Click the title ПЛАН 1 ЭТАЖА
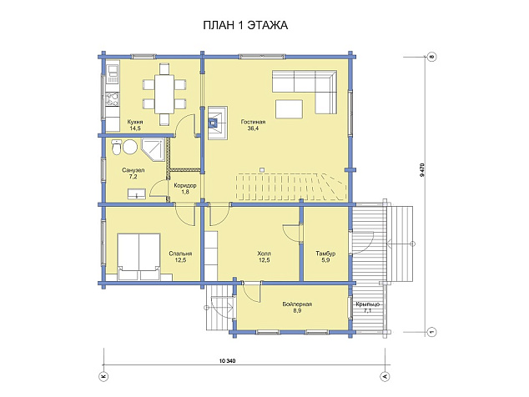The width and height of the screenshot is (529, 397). click(x=245, y=25)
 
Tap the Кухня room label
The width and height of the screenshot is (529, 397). click(x=135, y=122)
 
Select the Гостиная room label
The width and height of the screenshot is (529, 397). click(x=253, y=122)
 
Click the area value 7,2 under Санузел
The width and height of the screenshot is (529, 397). click(x=133, y=177)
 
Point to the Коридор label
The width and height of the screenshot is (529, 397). click(x=185, y=185)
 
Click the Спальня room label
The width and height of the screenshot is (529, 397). click(x=180, y=254)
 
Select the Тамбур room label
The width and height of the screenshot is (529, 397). click(x=325, y=254)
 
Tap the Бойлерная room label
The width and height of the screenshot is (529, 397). click(x=297, y=304)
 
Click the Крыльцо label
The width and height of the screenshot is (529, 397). click(x=368, y=304)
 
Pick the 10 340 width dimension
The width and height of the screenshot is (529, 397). click(x=227, y=361)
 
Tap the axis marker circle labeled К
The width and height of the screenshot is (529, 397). click(x=103, y=376)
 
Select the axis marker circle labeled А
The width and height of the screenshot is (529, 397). click(x=385, y=376)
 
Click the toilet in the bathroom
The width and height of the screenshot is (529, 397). click(x=116, y=147)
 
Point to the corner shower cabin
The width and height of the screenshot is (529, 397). click(x=153, y=150)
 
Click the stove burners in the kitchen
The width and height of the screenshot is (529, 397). click(x=113, y=99)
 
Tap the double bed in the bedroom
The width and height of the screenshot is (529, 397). click(x=139, y=257)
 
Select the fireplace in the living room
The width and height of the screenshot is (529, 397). click(x=218, y=123)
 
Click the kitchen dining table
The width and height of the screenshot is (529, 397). click(x=164, y=94)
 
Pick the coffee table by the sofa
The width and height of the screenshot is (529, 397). click(x=289, y=108)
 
